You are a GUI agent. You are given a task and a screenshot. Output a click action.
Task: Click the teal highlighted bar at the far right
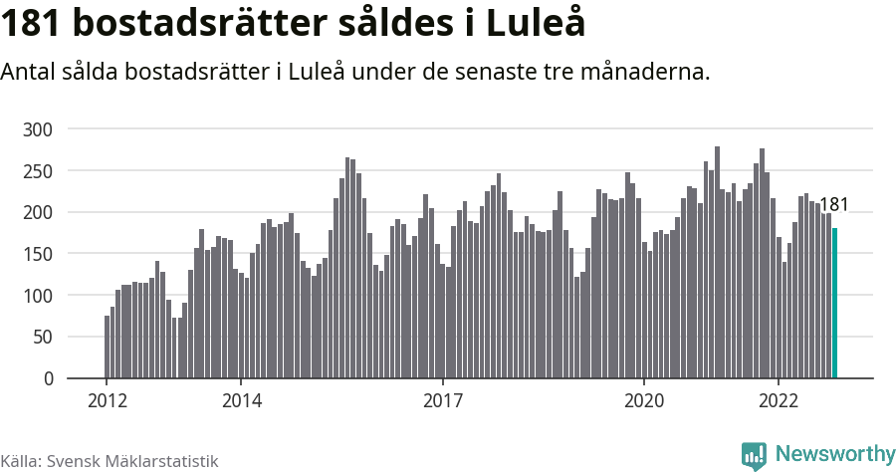coord(834,304)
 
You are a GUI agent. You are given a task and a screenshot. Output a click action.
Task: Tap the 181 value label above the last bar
coord(833,205)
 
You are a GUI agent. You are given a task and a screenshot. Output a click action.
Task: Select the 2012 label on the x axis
coord(107,400)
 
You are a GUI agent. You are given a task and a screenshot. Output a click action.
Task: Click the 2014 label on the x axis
coord(241,400)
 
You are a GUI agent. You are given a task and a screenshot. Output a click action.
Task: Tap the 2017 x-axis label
coord(442,400)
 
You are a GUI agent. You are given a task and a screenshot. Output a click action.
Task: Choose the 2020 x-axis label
coord(643,400)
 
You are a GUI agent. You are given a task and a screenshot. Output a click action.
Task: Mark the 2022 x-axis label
coord(778,400)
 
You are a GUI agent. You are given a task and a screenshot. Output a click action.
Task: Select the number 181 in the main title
coord(37,24)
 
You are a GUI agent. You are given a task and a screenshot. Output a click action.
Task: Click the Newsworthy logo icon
coord(754,455)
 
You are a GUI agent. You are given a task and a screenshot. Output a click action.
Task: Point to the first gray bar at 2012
coord(107,348)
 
